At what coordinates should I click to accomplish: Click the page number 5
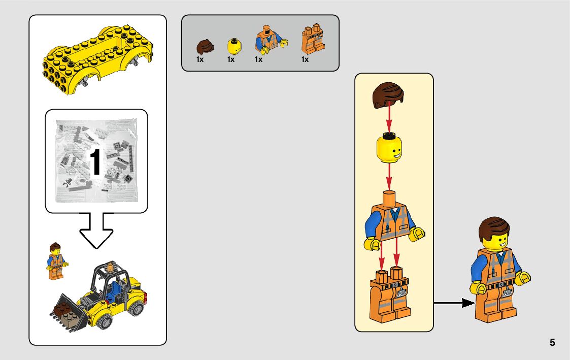[552, 342]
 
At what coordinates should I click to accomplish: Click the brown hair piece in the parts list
[205, 47]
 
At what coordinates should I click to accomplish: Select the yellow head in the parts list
[233, 46]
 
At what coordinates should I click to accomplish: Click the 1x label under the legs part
[305, 59]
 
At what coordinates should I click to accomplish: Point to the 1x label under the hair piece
[200, 59]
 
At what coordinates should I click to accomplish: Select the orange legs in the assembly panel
[390, 294]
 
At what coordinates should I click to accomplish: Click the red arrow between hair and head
[389, 117]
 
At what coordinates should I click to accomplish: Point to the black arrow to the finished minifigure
[454, 303]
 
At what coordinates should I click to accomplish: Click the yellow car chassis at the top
[96, 58]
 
